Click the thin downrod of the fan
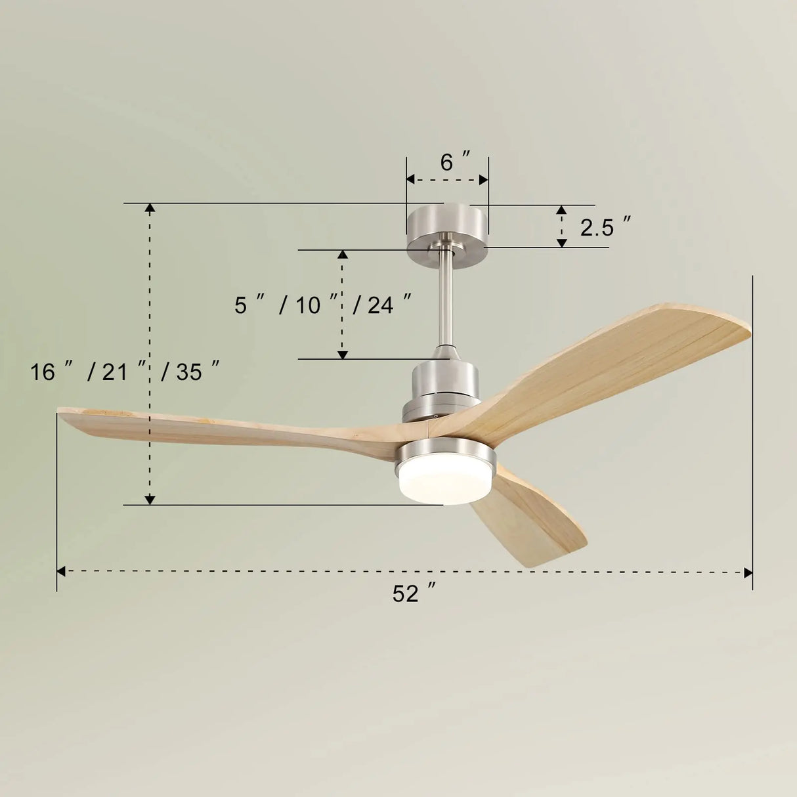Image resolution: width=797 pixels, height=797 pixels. coord(447,295)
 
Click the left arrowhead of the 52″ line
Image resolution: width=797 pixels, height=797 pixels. coord(61,572)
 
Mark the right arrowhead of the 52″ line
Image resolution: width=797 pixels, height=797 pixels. coord(748,572)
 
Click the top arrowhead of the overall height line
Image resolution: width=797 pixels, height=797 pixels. coord(150,209)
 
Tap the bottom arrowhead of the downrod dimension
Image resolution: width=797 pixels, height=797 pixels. coord(342,355)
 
